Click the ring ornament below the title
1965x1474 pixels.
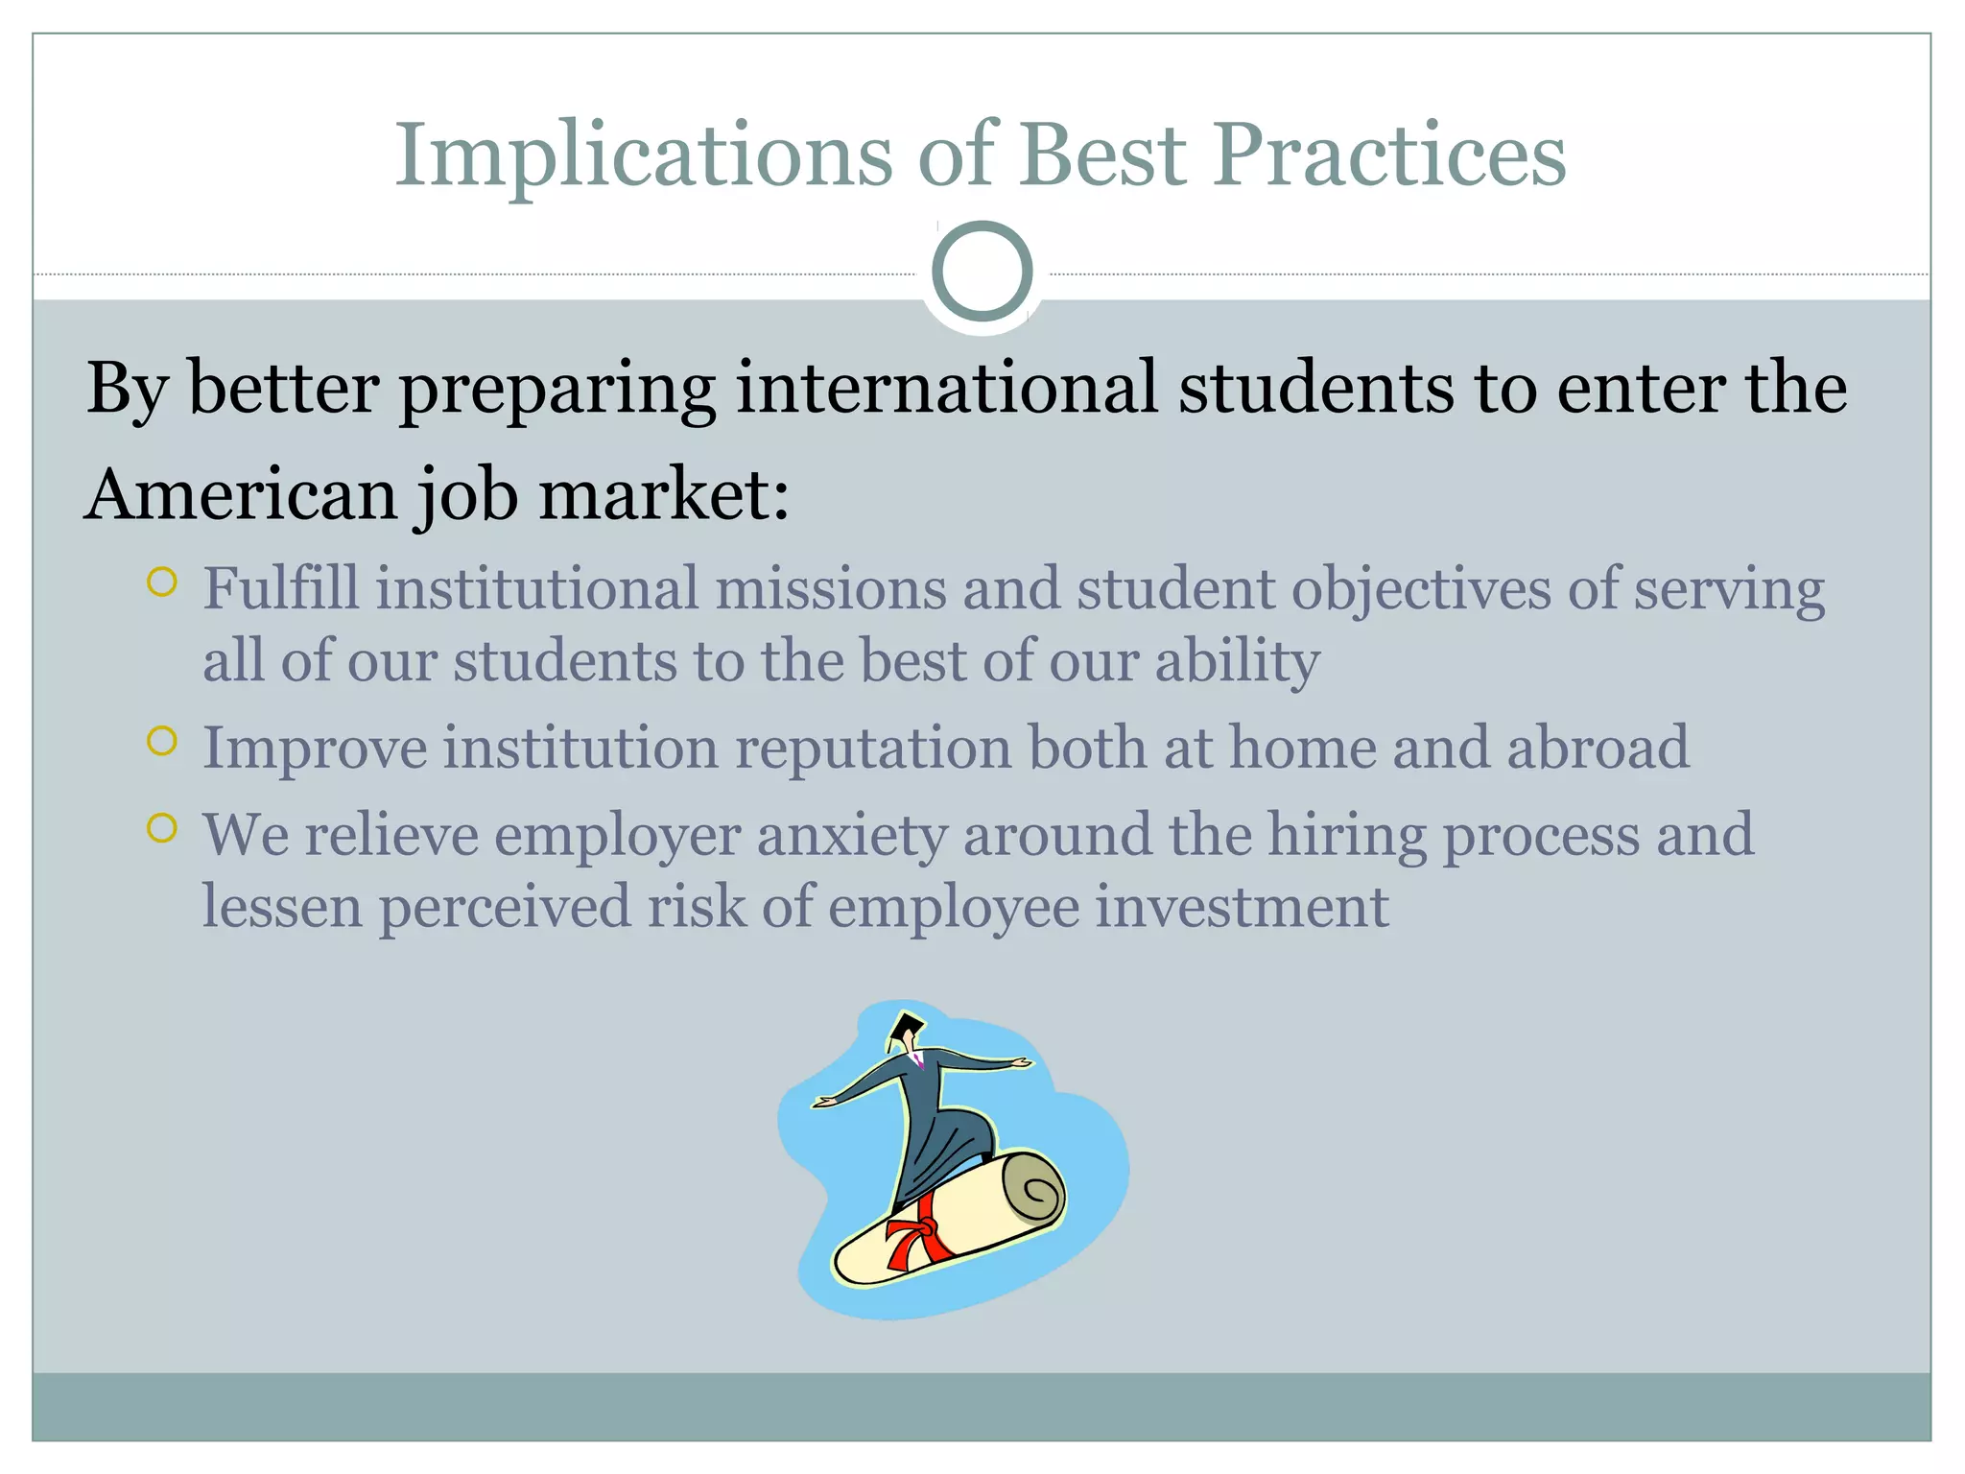(982, 272)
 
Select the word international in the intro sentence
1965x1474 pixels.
(946, 389)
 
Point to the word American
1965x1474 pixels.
(241, 495)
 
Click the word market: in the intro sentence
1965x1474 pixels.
(664, 495)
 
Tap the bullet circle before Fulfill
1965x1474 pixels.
(162, 582)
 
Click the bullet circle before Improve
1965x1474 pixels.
(162, 741)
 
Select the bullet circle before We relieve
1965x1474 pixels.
(162, 828)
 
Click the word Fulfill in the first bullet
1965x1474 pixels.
(280, 588)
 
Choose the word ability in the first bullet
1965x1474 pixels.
(1237, 662)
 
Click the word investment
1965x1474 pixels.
(1242, 907)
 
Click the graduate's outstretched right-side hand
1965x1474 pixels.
(1020, 1063)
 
